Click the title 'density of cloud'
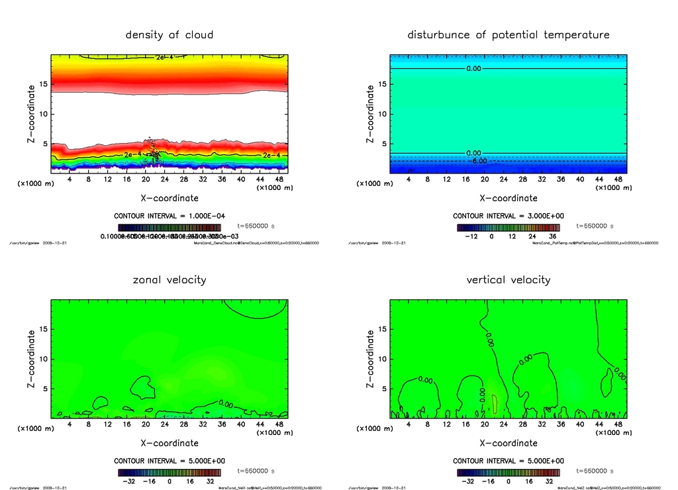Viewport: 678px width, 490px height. pos(169,34)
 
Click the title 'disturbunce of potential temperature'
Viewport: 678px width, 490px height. pos(508,34)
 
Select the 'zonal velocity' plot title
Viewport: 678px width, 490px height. pos(169,279)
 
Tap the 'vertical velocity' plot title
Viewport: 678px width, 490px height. pos(508,279)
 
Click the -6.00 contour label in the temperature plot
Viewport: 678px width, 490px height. pos(478,161)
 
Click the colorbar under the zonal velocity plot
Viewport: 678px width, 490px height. pos(169,473)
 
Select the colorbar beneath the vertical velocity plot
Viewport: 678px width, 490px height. pos(508,473)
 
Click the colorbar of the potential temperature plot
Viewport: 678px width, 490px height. pos(508,227)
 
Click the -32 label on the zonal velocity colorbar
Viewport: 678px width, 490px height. pos(126,481)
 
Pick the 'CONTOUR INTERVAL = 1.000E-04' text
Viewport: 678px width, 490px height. pos(169,216)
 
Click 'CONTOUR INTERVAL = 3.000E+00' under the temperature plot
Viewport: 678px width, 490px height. pos(508,216)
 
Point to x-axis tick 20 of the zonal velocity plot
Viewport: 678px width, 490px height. pos(146,424)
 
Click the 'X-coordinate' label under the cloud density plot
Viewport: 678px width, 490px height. pos(169,197)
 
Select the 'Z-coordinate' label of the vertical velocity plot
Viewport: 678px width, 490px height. pos(370,358)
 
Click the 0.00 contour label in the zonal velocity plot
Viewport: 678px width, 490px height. pos(225,404)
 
